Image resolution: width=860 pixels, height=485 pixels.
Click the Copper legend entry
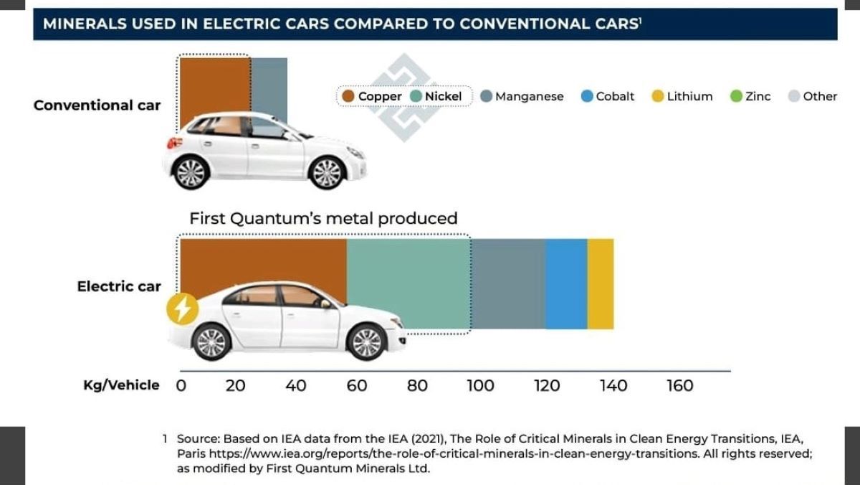(372, 96)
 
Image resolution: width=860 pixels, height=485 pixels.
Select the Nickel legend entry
(436, 96)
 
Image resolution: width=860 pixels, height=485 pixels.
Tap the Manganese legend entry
(522, 96)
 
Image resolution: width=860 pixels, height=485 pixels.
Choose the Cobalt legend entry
(608, 96)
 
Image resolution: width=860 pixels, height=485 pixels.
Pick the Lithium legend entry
(682, 96)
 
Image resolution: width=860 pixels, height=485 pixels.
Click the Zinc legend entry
(750, 96)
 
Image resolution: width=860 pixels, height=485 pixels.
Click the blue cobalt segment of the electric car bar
(566, 283)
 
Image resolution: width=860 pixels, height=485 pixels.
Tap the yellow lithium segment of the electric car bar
(601, 283)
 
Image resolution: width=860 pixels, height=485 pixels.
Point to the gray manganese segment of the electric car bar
(508, 283)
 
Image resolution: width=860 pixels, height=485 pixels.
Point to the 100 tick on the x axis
(480, 385)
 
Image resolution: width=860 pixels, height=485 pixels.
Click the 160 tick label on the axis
(679, 385)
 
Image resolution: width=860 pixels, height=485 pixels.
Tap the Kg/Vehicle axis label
(121, 385)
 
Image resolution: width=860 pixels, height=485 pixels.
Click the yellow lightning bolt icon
(182, 309)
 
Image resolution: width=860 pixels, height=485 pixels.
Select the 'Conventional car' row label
(97, 105)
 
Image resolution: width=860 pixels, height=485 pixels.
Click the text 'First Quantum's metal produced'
(323, 218)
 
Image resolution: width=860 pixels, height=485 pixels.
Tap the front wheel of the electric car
(366, 342)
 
